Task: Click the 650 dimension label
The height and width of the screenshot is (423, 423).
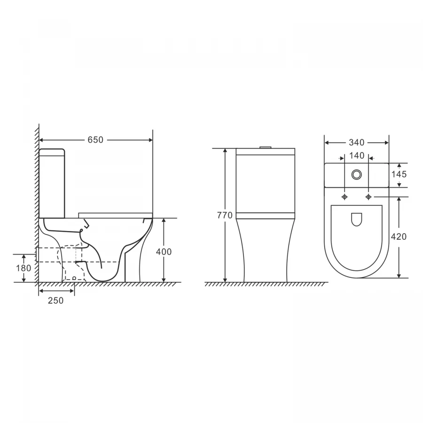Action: pos(95,140)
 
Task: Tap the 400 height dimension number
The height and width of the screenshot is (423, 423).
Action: pos(164,252)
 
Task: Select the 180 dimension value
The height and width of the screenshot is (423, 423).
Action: pos(23,268)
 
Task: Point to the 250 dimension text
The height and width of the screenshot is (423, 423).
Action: pos(55,300)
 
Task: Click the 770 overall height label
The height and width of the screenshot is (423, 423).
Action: pos(225,215)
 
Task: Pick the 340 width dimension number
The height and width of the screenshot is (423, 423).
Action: pos(357,142)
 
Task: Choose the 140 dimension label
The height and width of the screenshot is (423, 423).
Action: pos(357,156)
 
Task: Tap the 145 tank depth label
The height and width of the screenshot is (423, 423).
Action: pos(399,174)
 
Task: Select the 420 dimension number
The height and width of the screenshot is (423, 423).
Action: pos(399,236)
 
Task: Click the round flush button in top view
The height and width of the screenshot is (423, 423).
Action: pos(357,175)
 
